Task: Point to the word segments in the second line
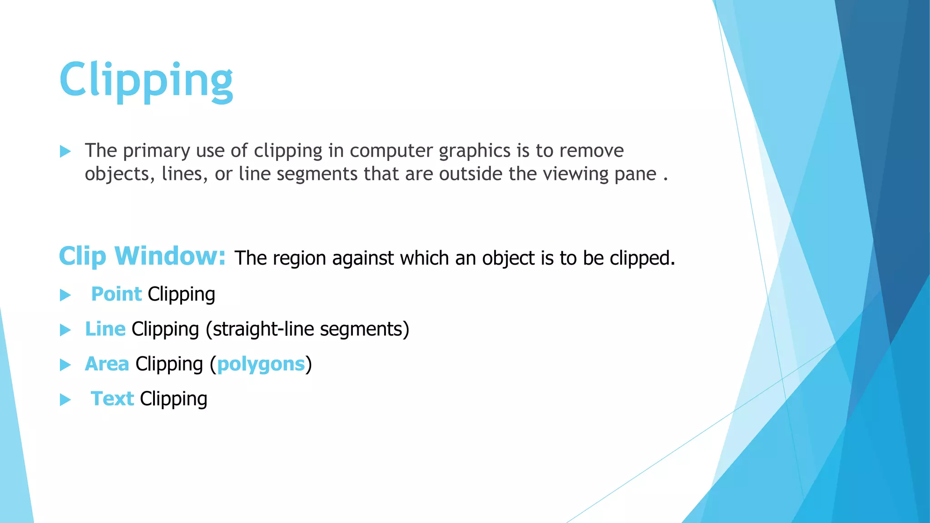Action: coord(317,174)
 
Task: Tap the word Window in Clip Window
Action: coord(170,256)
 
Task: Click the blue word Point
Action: coord(116,294)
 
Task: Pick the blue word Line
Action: coord(105,329)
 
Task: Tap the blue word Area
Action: coord(107,364)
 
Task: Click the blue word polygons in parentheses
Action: coord(261,364)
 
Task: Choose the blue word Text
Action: coord(112,399)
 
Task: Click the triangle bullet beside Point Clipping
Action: coord(65,296)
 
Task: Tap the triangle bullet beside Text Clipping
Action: coord(65,400)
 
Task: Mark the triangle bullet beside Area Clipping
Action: coord(65,365)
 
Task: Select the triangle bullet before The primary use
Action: coord(65,152)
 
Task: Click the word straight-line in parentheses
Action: coord(262,329)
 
